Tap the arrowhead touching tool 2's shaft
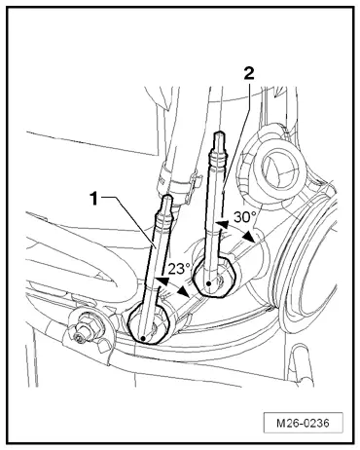click(222, 226)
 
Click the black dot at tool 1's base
click(143, 336)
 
